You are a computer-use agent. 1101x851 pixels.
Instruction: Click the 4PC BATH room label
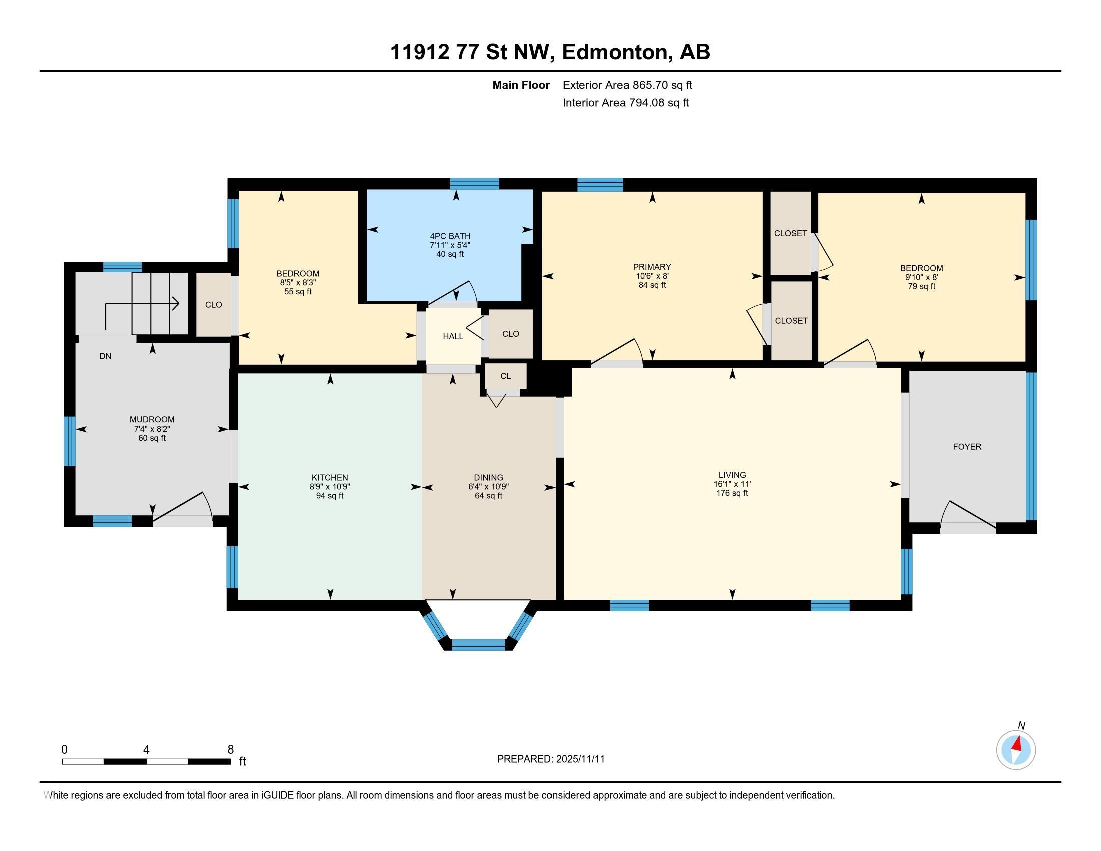[x=450, y=236]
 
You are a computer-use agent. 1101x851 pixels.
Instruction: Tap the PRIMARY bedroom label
[x=652, y=267]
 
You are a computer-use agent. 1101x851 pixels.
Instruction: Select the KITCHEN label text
[x=330, y=478]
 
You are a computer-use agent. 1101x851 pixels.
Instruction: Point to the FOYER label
[x=967, y=447]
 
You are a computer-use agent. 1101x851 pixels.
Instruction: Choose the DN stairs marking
[x=105, y=356]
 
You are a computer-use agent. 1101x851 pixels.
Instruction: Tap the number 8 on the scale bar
[x=230, y=750]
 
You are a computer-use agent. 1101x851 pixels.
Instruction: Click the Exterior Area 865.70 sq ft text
[x=627, y=85]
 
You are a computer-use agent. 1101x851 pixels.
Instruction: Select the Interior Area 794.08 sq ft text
[x=625, y=103]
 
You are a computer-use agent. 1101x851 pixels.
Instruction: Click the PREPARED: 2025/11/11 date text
[x=550, y=759]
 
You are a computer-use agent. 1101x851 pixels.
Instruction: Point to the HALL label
[x=453, y=337]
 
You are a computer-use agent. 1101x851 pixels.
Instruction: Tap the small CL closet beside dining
[x=505, y=376]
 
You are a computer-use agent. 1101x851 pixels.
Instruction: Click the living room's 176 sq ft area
[x=732, y=493]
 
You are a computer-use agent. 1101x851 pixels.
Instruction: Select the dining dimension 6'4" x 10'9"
[x=488, y=487]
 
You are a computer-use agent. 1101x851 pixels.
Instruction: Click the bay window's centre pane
[x=478, y=645]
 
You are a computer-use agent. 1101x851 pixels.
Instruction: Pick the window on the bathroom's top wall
[x=474, y=184]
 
